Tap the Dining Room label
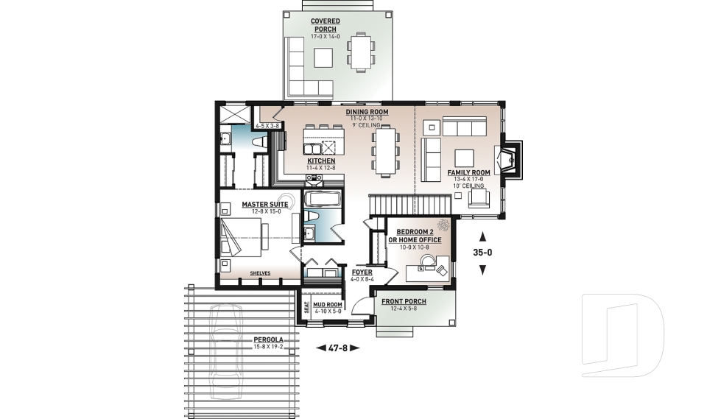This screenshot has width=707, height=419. coord(367,112)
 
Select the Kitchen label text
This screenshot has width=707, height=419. coord(321,161)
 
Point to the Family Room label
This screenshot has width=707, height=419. coord(469,173)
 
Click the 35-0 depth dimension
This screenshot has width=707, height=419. coord(482,253)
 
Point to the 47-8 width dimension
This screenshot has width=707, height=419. coord(337,348)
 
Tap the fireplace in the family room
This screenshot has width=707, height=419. coord(509,158)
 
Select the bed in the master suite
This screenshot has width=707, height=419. coord(243,236)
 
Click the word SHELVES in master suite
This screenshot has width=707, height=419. coord(260,273)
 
